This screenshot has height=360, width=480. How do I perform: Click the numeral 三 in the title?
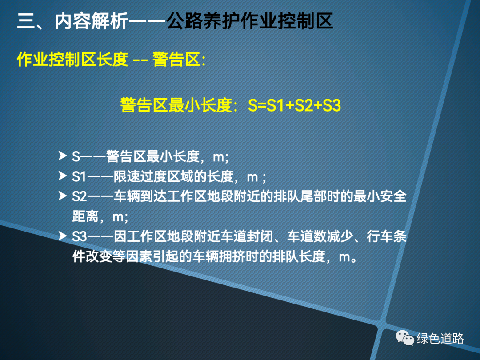[26, 21]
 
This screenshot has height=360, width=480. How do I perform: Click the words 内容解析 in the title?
[91, 21]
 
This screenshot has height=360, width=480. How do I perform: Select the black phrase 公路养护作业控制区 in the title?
[249, 21]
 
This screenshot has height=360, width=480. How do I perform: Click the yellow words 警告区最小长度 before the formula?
[176, 105]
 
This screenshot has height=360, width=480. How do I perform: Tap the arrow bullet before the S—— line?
[63, 156]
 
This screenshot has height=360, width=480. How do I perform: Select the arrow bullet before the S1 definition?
[63, 176]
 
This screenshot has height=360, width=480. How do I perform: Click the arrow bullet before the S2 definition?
[63, 196]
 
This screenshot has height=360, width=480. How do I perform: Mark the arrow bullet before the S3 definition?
[63, 236]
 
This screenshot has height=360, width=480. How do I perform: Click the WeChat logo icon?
[405, 338]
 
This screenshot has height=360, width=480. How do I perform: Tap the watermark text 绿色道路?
[440, 338]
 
